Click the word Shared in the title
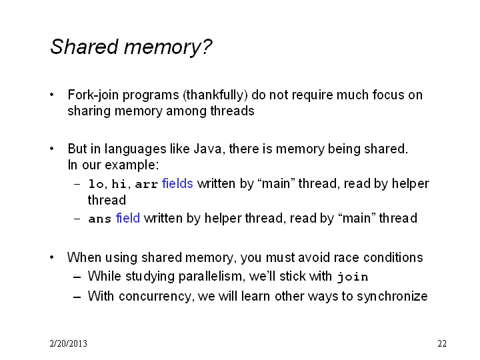(x=84, y=47)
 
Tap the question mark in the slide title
(x=207, y=47)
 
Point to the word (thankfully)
(x=215, y=95)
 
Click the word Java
(x=209, y=149)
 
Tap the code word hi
(x=119, y=184)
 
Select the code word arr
(x=146, y=184)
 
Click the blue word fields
(x=177, y=183)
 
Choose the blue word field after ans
(x=127, y=218)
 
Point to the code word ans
(x=99, y=219)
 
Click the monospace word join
(x=353, y=277)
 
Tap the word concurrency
(x=157, y=296)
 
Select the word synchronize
(x=392, y=296)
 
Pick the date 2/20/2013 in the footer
(x=68, y=343)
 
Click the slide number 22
(x=442, y=343)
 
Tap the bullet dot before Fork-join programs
(x=52, y=95)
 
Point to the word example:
(x=132, y=165)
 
